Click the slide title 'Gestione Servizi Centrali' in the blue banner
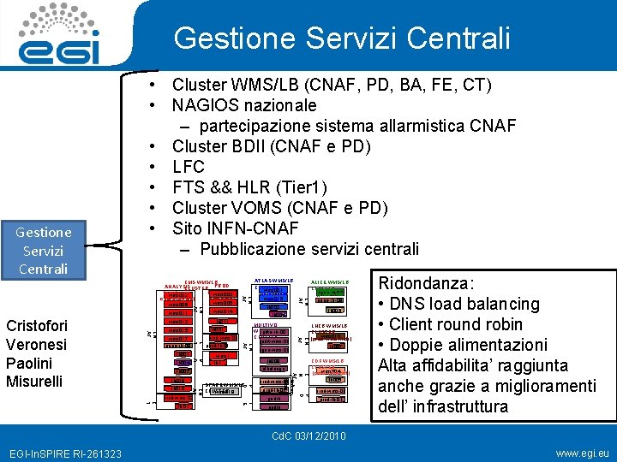(341, 38)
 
